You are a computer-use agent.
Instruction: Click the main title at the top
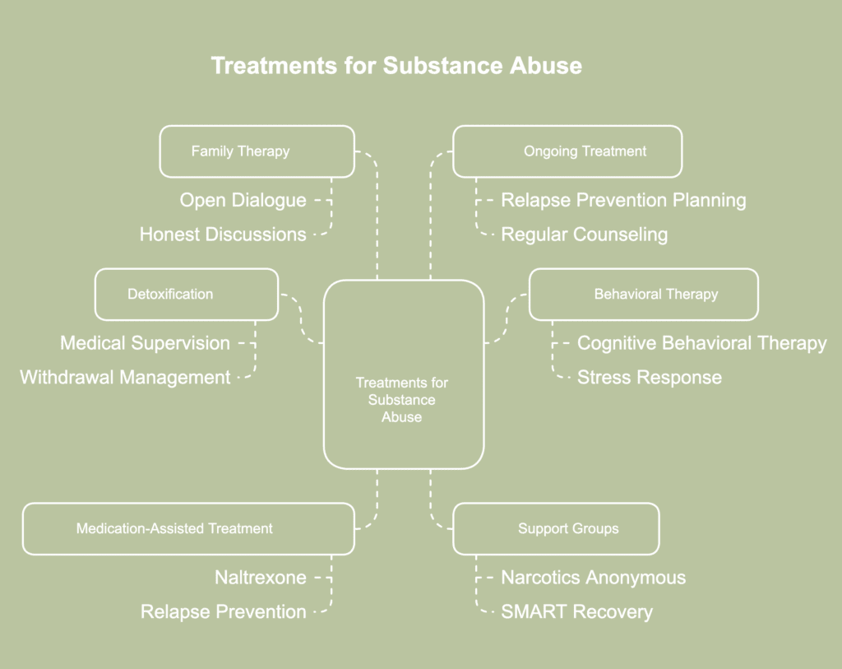(x=396, y=66)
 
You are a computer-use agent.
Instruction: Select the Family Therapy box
(x=257, y=151)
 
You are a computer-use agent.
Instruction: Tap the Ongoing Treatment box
(x=567, y=151)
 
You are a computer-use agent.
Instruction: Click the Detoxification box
(x=187, y=294)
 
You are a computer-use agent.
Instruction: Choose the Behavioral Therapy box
(x=643, y=294)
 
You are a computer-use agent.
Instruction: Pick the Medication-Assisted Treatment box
(x=188, y=528)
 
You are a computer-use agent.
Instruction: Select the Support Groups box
(x=556, y=528)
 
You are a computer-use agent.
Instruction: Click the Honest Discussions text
(x=223, y=235)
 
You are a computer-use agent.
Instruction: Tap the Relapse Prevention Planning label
(x=623, y=200)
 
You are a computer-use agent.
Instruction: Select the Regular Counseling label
(x=584, y=235)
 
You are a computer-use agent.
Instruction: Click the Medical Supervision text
(x=145, y=343)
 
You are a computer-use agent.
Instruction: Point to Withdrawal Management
(x=125, y=378)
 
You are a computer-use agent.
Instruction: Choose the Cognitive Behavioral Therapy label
(x=701, y=343)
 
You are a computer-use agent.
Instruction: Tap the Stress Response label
(x=649, y=378)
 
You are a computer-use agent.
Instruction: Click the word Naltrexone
(x=260, y=578)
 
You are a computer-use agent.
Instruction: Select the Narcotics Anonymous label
(x=593, y=578)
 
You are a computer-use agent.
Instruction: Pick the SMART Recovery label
(x=576, y=612)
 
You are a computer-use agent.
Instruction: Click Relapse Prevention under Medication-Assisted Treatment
(x=224, y=612)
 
